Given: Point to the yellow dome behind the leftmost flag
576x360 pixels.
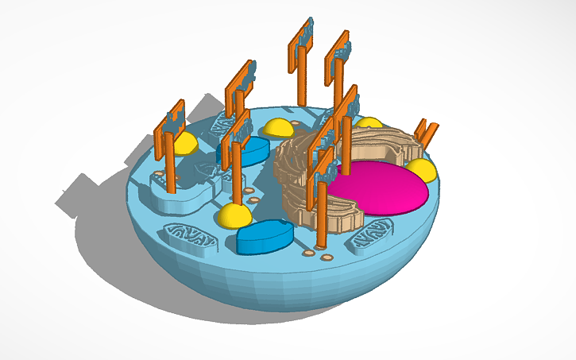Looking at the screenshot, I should pos(184,144).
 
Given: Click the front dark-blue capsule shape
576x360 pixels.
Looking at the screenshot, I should pos(265,238).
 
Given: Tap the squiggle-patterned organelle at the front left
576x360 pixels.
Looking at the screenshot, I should pos(189,238).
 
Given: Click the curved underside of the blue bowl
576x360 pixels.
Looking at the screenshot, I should pos(262,286).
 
